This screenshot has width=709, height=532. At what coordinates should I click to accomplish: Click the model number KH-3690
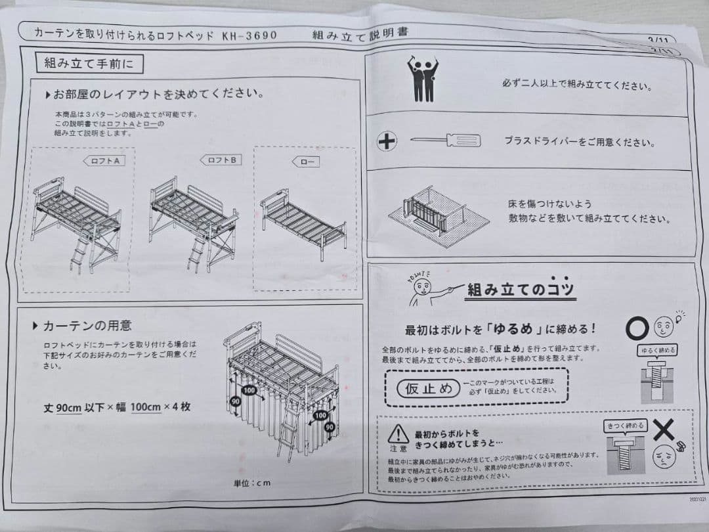pyautogui.click(x=250, y=34)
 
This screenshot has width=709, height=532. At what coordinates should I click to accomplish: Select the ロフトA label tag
pyautogui.click(x=103, y=161)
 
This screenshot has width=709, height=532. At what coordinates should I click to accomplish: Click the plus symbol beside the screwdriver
pyautogui.click(x=387, y=141)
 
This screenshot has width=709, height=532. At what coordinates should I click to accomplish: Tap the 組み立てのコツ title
pyautogui.click(x=521, y=288)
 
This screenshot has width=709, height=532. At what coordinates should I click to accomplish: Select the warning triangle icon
pyautogui.click(x=397, y=433)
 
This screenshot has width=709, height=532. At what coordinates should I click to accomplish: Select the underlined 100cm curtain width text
pyautogui.click(x=146, y=407)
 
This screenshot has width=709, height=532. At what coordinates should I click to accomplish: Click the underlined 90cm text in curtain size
pyautogui.click(x=68, y=407)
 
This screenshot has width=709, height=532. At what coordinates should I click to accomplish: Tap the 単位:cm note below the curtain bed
pyautogui.click(x=252, y=483)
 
